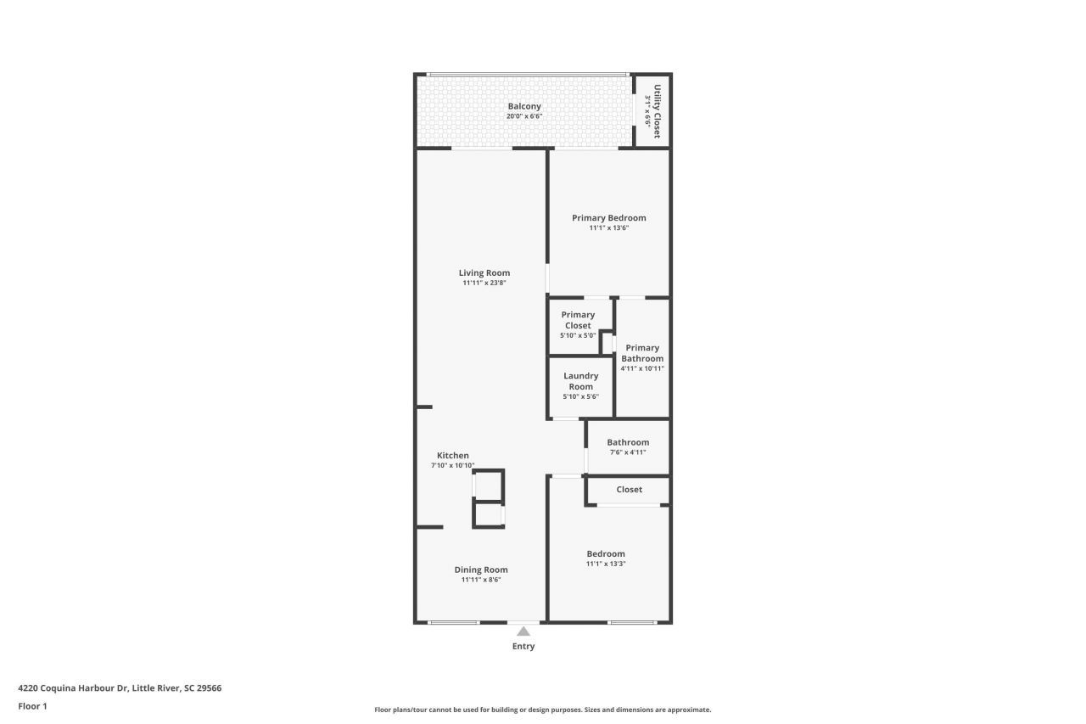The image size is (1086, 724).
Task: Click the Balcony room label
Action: (524, 106)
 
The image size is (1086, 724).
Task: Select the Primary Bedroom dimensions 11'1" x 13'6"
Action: (608, 228)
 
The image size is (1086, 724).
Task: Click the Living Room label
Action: (484, 272)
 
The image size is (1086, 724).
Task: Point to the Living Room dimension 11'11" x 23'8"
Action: (484, 283)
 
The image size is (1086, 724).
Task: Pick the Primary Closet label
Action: (578, 320)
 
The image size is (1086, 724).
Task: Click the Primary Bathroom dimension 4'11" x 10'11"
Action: (642, 368)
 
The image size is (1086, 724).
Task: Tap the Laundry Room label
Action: (581, 381)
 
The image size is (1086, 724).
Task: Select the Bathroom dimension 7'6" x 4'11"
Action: (628, 452)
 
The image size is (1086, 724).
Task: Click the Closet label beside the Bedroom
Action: (630, 490)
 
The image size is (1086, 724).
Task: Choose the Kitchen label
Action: (453, 456)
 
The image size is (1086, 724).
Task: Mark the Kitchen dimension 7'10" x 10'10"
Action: (453, 466)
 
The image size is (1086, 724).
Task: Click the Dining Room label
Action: (481, 570)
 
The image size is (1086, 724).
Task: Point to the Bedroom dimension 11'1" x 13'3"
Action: (606, 564)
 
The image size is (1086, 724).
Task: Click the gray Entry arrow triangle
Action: (523, 631)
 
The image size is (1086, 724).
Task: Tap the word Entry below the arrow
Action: (523, 646)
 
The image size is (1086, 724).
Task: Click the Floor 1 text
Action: (32, 705)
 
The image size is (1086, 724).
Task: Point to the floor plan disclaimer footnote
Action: (543, 710)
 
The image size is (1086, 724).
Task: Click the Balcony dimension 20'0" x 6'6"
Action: (524, 116)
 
